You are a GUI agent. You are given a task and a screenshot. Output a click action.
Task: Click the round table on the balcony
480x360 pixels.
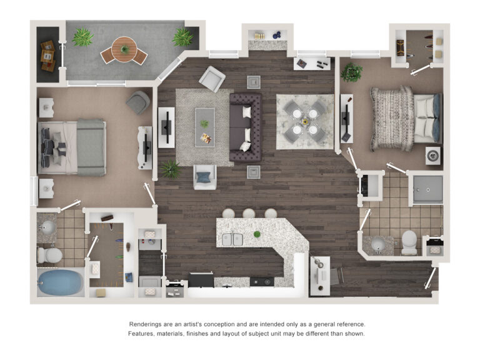(124, 49)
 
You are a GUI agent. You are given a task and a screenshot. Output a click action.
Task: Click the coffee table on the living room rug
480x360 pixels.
(204, 127)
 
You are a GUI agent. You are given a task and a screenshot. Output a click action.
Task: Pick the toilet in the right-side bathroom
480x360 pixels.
(409, 242)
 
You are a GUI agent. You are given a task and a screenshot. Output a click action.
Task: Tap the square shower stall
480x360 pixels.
(427, 189)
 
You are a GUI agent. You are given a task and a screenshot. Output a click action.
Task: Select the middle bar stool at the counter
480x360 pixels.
(249, 214)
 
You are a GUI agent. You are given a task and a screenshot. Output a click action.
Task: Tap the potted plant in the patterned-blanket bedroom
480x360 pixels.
(352, 72)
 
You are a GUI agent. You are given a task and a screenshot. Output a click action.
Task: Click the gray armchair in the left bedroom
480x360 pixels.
(137, 101)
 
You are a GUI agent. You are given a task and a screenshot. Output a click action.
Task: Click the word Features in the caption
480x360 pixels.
(144, 334)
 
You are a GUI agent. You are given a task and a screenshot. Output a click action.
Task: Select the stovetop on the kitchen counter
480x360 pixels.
(260, 282)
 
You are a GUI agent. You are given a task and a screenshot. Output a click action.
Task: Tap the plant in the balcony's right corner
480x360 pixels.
(182, 38)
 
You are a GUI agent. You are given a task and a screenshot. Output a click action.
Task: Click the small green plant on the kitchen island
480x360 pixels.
(256, 234)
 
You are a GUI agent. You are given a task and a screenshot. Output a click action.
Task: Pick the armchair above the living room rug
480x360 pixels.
(212, 78)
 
